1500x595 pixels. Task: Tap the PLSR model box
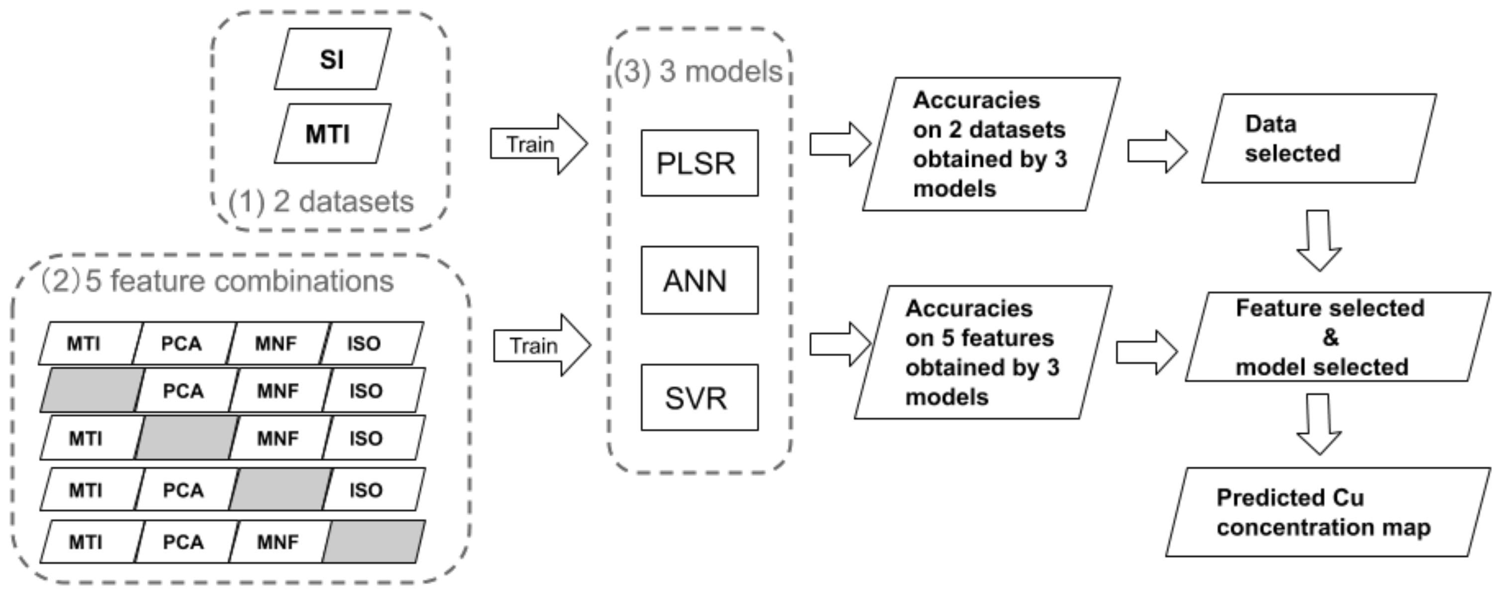699,163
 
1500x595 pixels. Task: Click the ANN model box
699,281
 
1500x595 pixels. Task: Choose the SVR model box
699,398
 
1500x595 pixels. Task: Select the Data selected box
1318,139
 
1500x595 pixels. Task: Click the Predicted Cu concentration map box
1327,512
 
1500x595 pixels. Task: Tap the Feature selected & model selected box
1337,337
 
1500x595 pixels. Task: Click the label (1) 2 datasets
321,202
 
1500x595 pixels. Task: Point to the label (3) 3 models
698,72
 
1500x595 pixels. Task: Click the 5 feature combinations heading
218,281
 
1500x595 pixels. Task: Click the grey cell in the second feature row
92,390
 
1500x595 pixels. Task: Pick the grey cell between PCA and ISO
280,490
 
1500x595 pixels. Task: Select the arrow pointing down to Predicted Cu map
1319,423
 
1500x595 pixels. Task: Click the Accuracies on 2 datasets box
990,144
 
